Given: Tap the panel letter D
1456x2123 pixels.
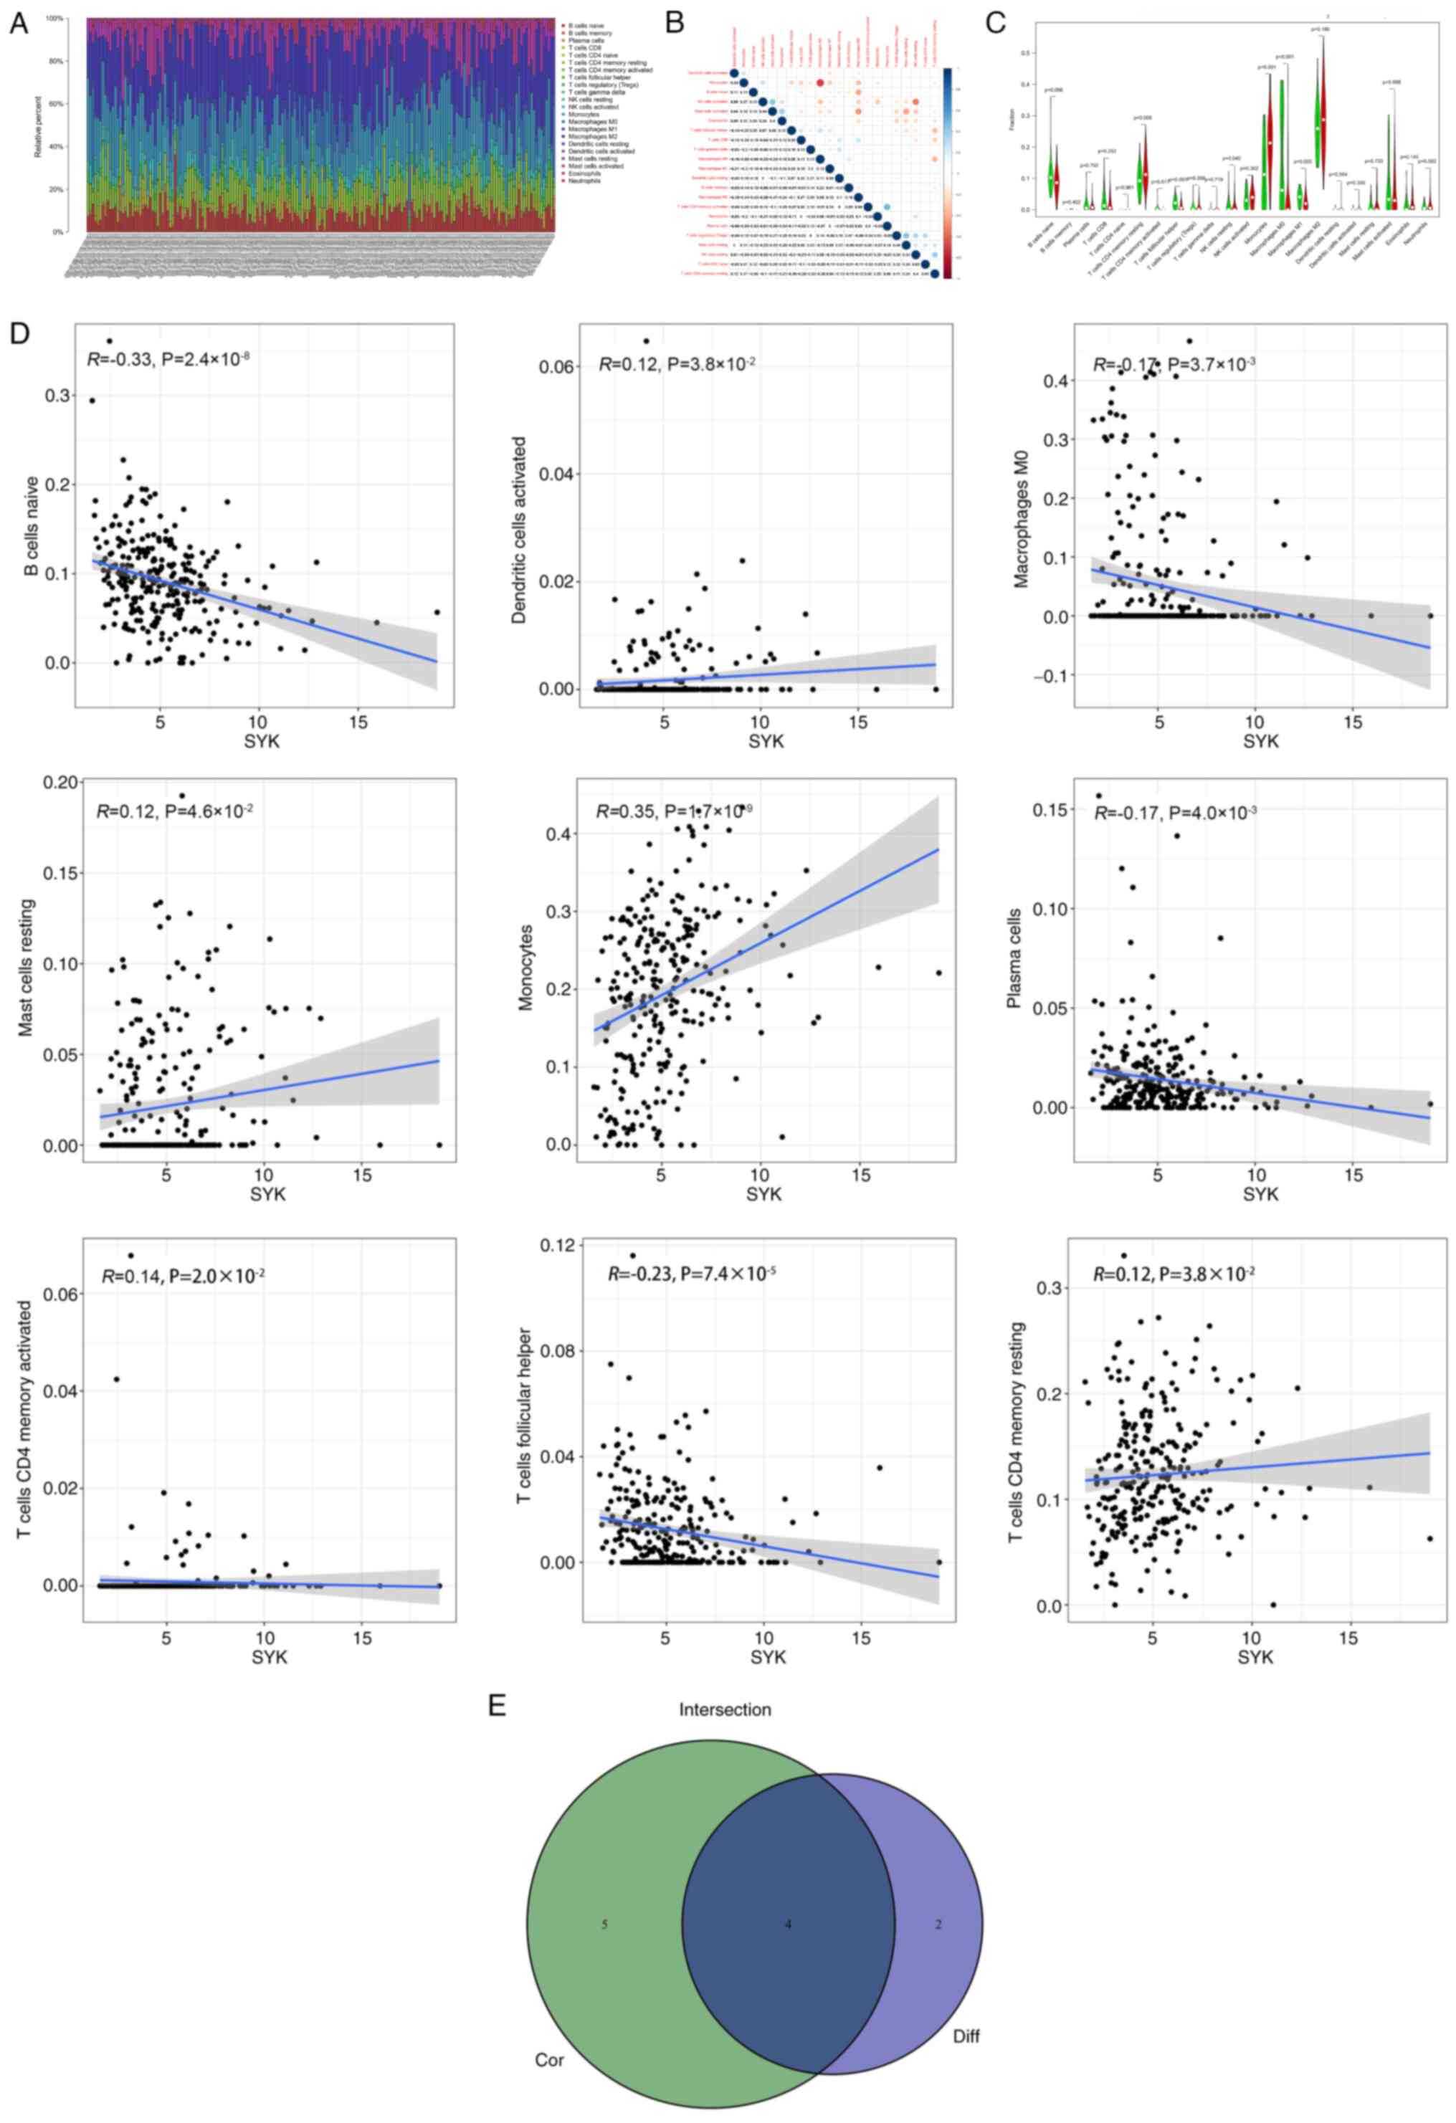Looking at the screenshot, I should (18, 333).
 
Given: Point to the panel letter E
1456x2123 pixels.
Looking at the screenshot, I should (498, 1706).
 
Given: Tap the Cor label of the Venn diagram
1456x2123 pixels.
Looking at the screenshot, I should (549, 2061).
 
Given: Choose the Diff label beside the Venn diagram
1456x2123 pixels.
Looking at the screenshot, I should (966, 2036).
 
